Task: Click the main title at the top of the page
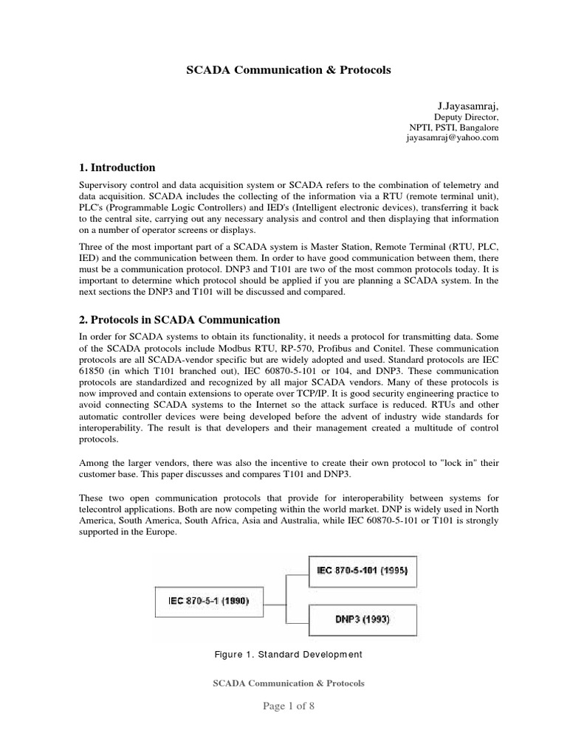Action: (286, 70)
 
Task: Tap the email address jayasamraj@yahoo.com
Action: (453, 137)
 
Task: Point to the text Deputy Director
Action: (466, 116)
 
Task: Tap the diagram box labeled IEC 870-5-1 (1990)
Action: (203, 600)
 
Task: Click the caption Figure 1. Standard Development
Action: (288, 654)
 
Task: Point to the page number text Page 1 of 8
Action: (288, 706)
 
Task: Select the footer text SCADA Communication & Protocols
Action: (288, 683)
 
